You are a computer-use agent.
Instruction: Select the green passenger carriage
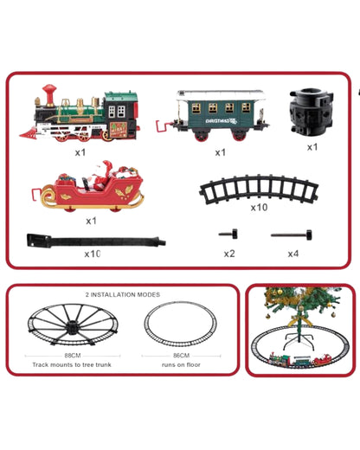pyautogui.click(x=214, y=113)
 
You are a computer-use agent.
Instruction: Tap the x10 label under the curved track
pyautogui.click(x=259, y=208)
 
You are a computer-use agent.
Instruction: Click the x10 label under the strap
pyautogui.click(x=93, y=254)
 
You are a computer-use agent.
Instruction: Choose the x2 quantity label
pyautogui.click(x=228, y=254)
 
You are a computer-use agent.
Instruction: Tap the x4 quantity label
pyautogui.click(x=293, y=254)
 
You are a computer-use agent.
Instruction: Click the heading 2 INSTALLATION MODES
pyautogui.click(x=122, y=295)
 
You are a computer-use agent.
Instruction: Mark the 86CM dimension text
pyautogui.click(x=182, y=354)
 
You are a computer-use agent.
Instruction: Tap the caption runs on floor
pyautogui.click(x=182, y=364)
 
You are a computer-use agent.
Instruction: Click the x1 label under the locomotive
pyautogui.click(x=80, y=152)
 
